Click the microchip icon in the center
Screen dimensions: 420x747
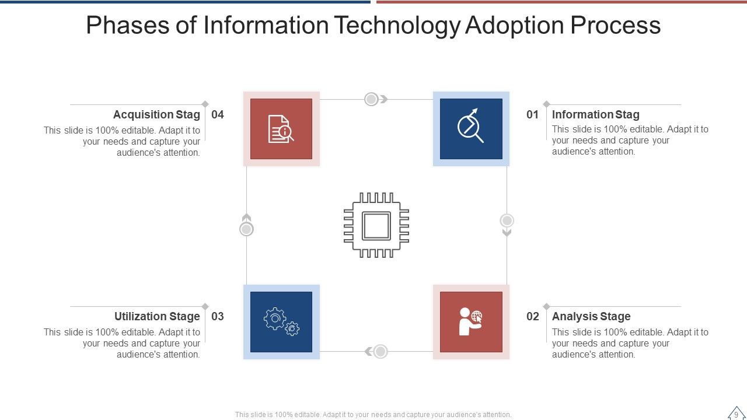coord(376,225)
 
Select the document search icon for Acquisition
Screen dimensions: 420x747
coord(281,129)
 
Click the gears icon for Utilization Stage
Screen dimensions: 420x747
coord(281,322)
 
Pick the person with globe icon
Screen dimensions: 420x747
coord(470,322)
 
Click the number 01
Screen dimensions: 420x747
coord(532,115)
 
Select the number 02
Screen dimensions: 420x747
coord(532,317)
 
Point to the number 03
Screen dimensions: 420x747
coord(218,317)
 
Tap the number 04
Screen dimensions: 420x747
coord(218,115)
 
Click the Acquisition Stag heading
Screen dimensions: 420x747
coord(156,115)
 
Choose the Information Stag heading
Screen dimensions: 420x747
coord(595,115)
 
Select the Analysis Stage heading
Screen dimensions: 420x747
coord(591,317)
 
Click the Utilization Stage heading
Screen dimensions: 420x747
coord(157,317)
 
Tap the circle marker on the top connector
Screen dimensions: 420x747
coord(371,99)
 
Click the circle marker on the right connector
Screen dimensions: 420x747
coord(507,220)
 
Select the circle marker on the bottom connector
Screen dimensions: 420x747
coord(381,352)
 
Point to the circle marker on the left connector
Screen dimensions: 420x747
coord(246,229)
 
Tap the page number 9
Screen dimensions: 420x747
coord(736,415)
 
